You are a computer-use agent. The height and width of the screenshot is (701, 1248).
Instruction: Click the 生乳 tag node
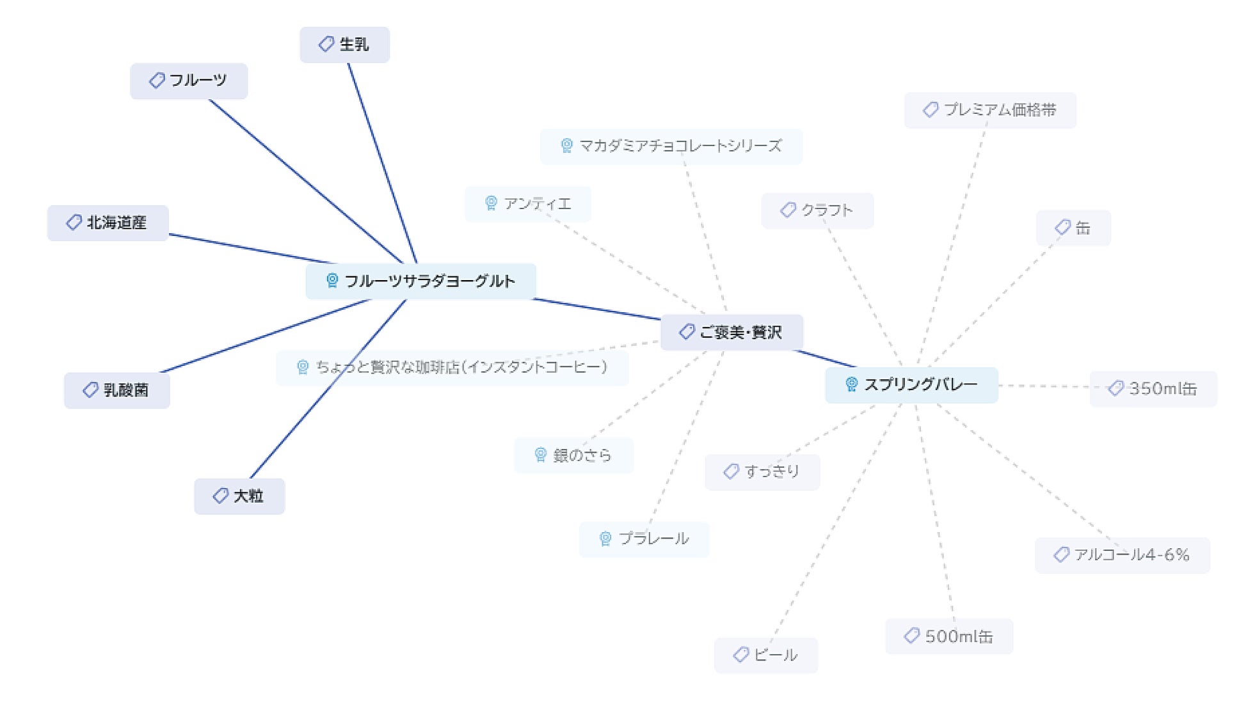[x=344, y=45]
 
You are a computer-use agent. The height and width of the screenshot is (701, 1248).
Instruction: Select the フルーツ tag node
[x=189, y=81]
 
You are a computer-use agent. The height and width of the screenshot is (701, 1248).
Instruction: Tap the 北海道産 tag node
[x=108, y=223]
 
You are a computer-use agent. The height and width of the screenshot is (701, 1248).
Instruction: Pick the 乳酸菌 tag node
[x=117, y=390]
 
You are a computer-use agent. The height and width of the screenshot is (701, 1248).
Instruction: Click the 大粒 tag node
[x=239, y=496]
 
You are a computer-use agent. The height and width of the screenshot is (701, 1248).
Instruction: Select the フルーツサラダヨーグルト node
[x=420, y=281]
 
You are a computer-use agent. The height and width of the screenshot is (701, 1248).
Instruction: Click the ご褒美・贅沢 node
[x=732, y=332]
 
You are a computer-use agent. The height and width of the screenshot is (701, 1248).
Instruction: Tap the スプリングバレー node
[x=911, y=385]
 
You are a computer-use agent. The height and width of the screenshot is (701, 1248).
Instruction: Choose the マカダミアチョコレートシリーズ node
[x=671, y=146]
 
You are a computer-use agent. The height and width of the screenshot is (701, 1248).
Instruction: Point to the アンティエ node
[x=527, y=204]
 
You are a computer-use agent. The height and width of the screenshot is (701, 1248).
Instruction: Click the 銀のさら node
[x=573, y=455]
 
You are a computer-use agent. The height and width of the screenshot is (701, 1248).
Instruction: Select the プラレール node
[x=644, y=539]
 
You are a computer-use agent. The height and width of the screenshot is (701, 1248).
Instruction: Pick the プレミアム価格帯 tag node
[x=989, y=110]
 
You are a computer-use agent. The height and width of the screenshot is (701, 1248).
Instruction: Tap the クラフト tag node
[x=817, y=210]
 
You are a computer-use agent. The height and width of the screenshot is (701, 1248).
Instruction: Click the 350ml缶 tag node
[x=1153, y=389]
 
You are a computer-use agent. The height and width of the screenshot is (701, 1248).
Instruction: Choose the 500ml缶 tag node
[x=949, y=636]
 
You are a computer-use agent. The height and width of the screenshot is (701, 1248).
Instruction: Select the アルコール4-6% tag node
[x=1122, y=555]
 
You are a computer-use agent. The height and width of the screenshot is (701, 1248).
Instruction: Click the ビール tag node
[x=766, y=655]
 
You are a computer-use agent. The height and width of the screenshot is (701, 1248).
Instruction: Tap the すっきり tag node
[x=762, y=472]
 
